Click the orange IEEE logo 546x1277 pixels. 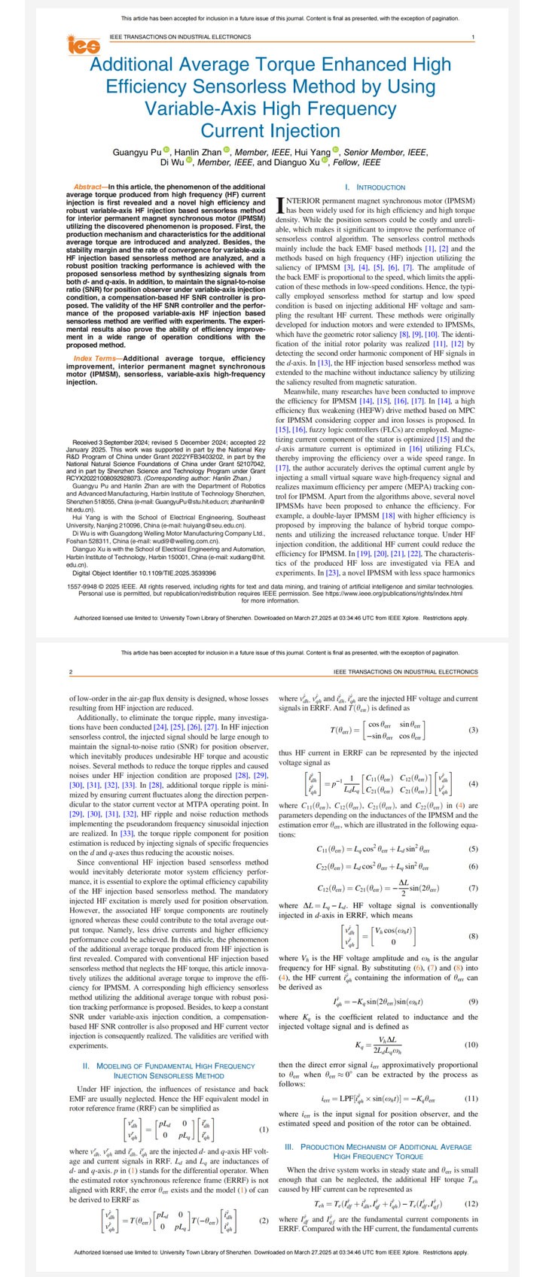point(84,47)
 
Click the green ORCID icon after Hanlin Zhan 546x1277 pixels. point(226,151)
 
